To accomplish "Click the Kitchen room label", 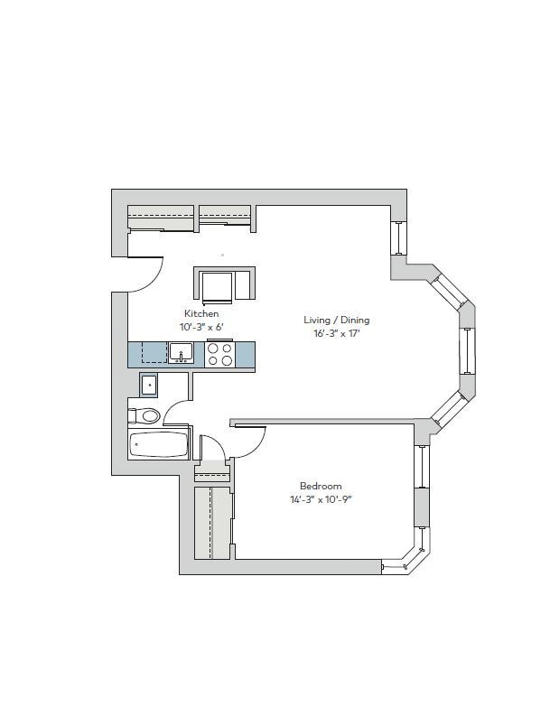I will (x=201, y=313).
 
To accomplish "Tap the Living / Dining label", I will (x=336, y=320).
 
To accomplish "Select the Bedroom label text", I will (x=321, y=487).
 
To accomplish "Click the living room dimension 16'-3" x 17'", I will (x=336, y=333).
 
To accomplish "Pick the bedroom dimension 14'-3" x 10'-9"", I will (x=321, y=499).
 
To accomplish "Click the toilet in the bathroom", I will (x=146, y=415).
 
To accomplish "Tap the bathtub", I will (x=159, y=445).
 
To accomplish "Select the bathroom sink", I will (x=148, y=386).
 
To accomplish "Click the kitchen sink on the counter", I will (x=181, y=352).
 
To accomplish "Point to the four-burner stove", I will (x=219, y=353).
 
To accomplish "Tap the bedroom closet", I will (x=213, y=522).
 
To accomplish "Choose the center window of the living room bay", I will (x=467, y=350).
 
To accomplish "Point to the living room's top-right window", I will (x=397, y=238).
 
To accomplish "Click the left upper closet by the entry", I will (x=161, y=218).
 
